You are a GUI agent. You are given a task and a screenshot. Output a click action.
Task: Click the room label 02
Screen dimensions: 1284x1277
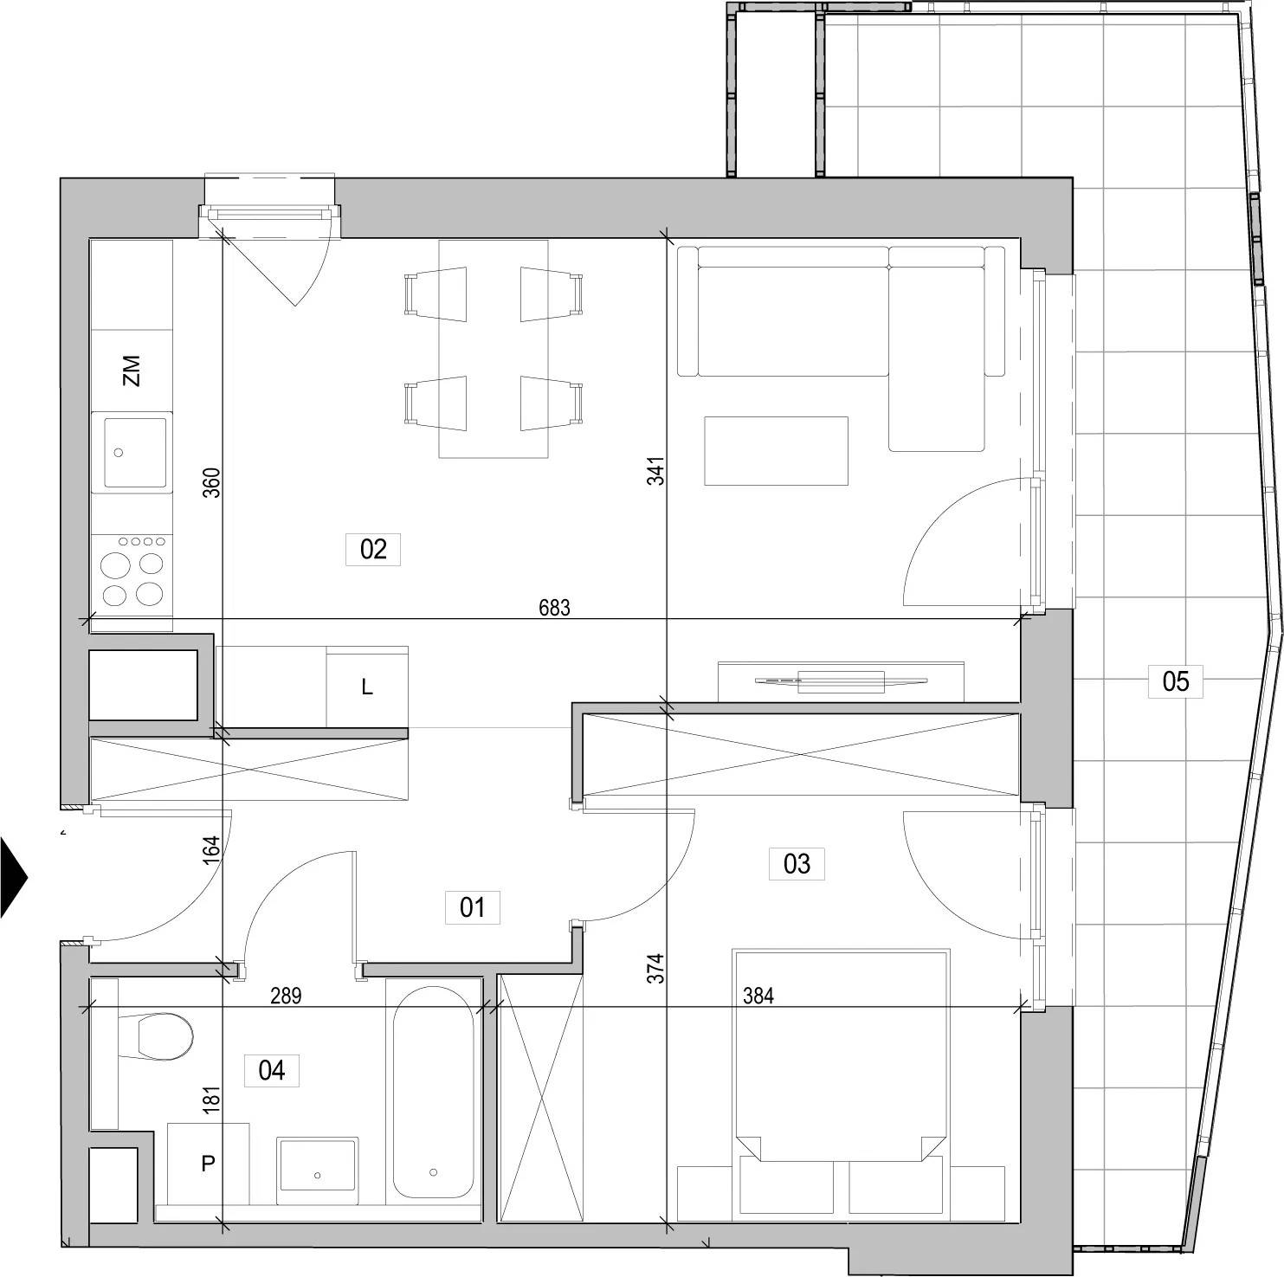coord(373,549)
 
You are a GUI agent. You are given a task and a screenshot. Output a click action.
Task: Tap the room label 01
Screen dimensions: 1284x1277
coord(472,907)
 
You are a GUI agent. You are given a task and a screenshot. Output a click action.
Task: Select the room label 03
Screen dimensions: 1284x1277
coord(797,863)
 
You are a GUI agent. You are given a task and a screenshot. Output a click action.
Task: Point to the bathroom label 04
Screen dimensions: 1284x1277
coord(272,1070)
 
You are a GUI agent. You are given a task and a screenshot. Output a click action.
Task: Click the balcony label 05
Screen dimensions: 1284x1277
coord(1176,680)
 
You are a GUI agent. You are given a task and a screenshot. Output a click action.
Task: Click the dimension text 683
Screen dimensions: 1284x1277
coord(554,608)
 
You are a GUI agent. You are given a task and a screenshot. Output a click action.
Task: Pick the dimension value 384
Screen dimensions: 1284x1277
coord(758,996)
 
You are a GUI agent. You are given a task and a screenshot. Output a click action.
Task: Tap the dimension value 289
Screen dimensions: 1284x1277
coord(286,996)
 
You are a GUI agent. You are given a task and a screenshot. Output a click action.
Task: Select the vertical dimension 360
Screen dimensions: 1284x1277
coord(211,482)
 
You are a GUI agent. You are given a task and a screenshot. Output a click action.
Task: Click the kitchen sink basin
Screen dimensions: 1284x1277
coord(135,453)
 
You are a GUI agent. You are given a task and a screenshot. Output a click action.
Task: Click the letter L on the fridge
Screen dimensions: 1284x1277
coord(367,687)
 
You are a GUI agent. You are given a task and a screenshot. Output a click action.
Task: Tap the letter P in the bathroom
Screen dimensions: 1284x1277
coord(208,1164)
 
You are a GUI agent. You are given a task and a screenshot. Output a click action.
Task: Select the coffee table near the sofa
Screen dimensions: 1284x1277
coord(776,450)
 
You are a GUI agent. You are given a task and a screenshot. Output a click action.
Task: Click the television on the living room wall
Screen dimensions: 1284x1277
coord(841,681)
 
